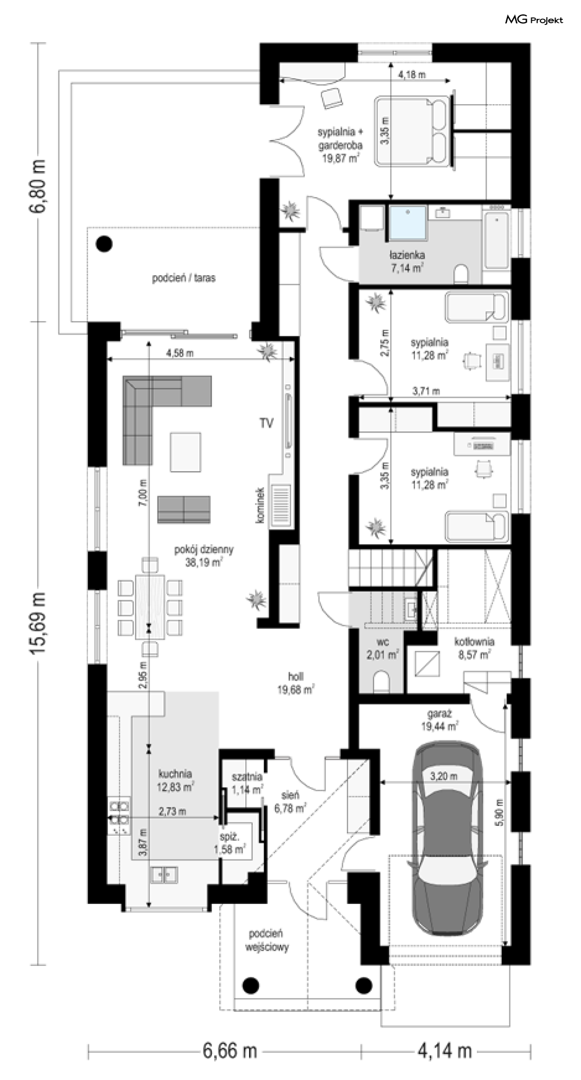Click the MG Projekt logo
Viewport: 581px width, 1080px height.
tap(533, 20)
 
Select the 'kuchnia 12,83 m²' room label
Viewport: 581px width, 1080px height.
tap(175, 779)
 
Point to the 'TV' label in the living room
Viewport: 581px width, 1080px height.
tap(266, 424)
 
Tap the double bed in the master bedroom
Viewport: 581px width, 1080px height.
tap(413, 131)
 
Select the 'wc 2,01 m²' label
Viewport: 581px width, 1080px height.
tap(382, 649)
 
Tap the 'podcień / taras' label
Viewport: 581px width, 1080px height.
tap(184, 278)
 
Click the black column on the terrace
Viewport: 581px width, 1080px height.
tap(103, 243)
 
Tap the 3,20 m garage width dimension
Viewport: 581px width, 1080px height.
tap(444, 776)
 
